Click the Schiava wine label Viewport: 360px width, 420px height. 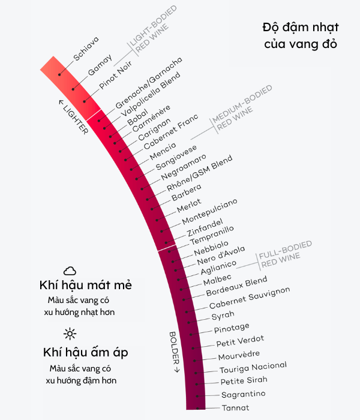point(86,49)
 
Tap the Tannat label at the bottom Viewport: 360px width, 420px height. point(235,408)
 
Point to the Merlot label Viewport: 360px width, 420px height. point(189,205)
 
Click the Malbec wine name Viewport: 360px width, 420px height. point(217,280)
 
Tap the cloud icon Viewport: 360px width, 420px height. point(70,271)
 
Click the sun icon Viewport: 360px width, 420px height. point(70,334)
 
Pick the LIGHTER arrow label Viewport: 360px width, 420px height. point(73,116)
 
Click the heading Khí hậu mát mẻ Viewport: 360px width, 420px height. point(85,284)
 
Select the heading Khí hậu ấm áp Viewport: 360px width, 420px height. point(85,352)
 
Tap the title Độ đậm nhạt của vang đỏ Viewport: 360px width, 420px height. point(301,35)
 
